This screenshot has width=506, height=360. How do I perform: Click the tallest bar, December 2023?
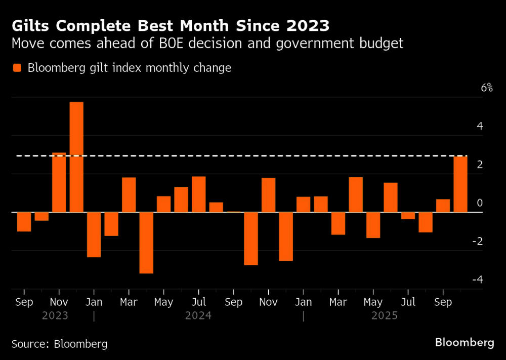[x=76, y=157]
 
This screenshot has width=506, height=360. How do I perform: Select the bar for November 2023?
[x=59, y=182]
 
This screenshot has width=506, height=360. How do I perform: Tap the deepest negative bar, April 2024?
[x=146, y=243]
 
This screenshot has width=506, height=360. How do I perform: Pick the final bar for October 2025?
[x=460, y=184]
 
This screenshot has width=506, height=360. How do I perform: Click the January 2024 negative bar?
[x=94, y=234]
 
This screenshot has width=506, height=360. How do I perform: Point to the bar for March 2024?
[x=129, y=194]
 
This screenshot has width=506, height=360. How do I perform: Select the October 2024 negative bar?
[x=251, y=238]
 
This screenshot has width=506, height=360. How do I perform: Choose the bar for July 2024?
[x=199, y=194]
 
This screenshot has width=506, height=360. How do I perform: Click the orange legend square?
[x=17, y=68]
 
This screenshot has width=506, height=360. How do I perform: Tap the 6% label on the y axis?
[x=487, y=88]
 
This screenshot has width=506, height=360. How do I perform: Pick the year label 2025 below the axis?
[x=385, y=316]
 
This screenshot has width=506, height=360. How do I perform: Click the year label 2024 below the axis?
[x=198, y=316]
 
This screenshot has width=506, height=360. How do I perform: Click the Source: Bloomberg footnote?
[x=59, y=344]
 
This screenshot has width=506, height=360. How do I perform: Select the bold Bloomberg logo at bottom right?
[x=465, y=343]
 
